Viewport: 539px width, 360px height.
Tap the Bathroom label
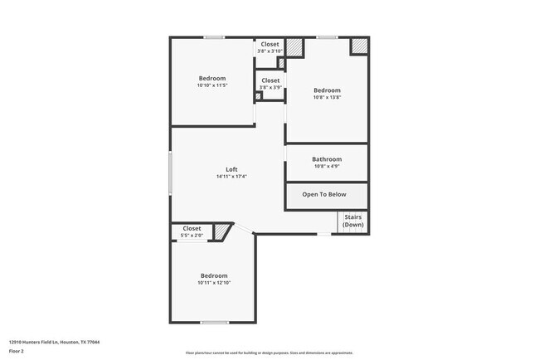point(326,159)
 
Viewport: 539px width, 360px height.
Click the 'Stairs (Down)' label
point(353,221)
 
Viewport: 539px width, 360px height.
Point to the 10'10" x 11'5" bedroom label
point(211,79)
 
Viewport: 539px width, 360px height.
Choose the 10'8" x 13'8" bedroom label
point(327,90)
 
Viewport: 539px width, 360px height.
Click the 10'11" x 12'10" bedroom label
point(213,275)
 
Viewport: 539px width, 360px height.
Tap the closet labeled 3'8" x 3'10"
point(270,44)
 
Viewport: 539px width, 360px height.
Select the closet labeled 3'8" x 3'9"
point(270,80)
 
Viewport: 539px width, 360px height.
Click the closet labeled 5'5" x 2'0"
point(192,228)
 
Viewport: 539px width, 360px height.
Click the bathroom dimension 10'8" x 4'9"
point(326,167)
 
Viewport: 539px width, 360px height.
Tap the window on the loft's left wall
point(171,172)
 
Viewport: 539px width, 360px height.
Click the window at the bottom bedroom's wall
point(214,322)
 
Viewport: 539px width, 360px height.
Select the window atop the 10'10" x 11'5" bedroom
point(215,37)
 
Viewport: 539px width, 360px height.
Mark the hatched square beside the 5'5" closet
point(221,232)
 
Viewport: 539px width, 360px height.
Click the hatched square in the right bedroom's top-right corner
point(359,46)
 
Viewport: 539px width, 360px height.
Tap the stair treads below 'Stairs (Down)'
point(352,230)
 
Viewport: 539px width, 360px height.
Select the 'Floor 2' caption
point(17,351)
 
